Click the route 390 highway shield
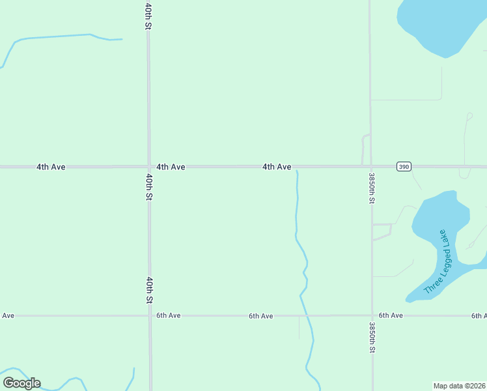(x=404, y=167)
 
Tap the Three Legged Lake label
(x=436, y=261)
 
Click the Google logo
(x=21, y=383)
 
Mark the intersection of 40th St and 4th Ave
(x=149, y=167)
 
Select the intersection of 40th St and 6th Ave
(x=150, y=315)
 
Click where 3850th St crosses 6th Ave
(x=372, y=315)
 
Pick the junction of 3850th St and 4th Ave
(x=370, y=167)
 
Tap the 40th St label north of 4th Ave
(x=148, y=16)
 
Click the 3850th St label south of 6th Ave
(x=372, y=337)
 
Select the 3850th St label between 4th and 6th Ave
(x=371, y=188)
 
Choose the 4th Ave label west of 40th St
(x=51, y=167)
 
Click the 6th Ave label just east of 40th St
(x=168, y=315)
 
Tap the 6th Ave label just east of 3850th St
(x=391, y=315)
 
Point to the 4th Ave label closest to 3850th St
(x=277, y=167)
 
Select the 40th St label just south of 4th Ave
(x=149, y=186)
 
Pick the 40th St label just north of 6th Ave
(x=149, y=290)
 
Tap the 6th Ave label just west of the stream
(x=260, y=316)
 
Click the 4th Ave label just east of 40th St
(x=171, y=167)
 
